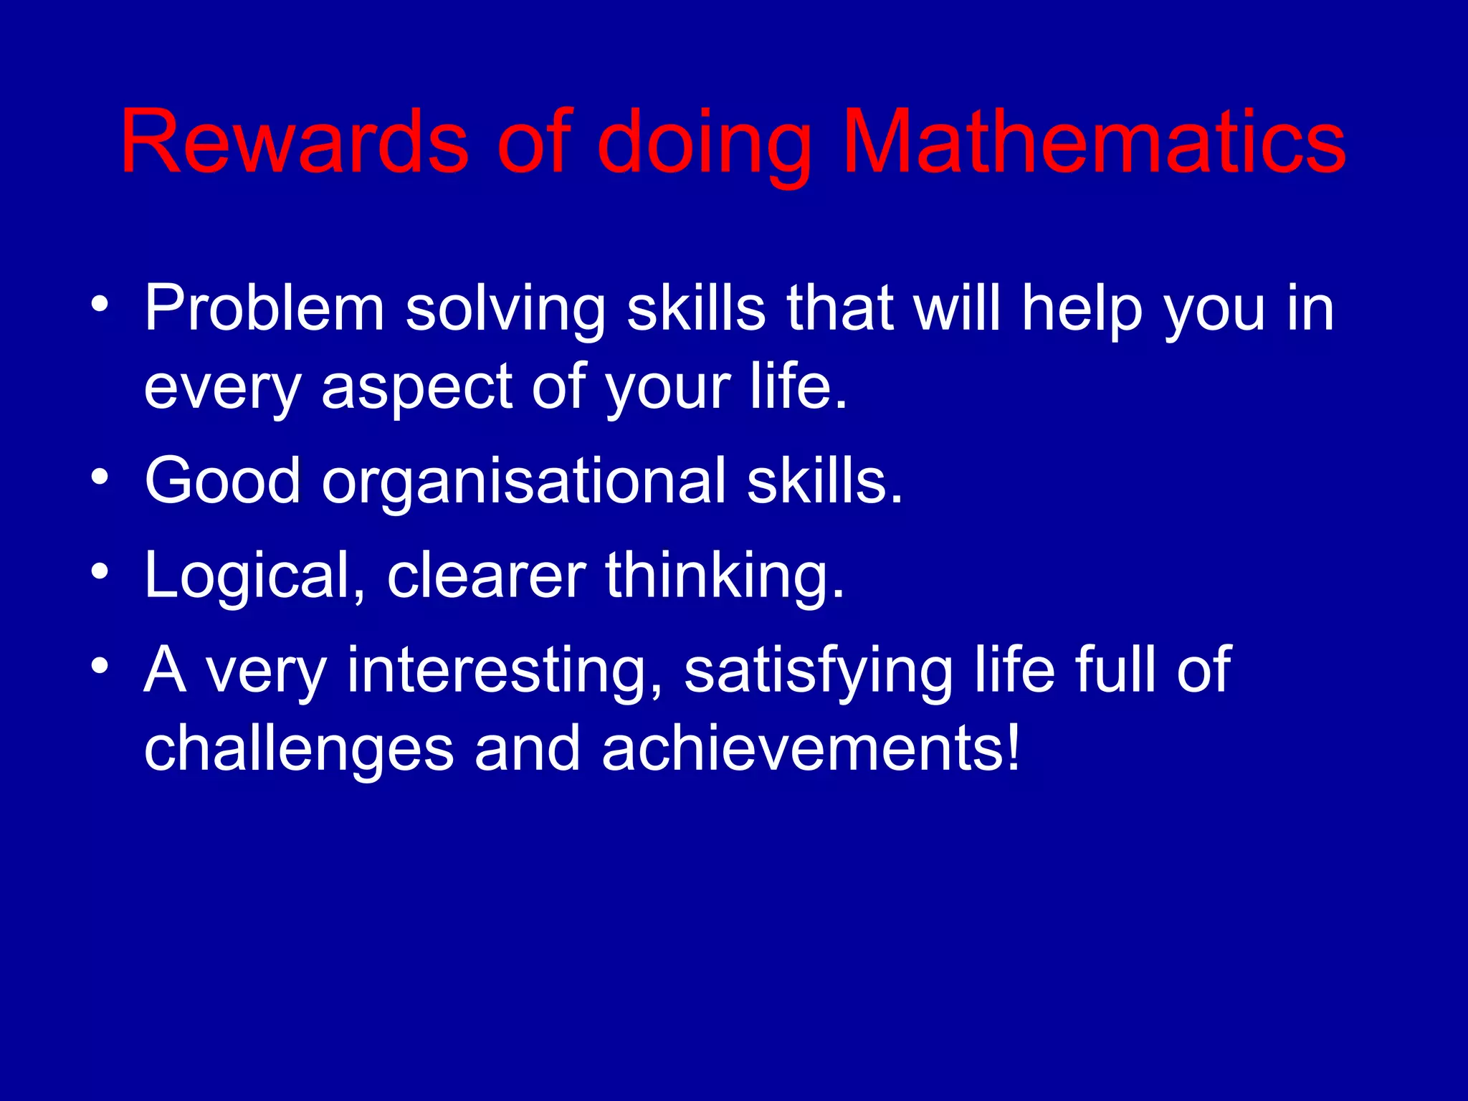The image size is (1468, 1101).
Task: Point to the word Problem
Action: (x=264, y=309)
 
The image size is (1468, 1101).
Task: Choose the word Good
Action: (x=222, y=481)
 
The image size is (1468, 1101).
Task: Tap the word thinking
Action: (x=724, y=577)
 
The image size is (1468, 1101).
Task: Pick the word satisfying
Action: (x=818, y=672)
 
